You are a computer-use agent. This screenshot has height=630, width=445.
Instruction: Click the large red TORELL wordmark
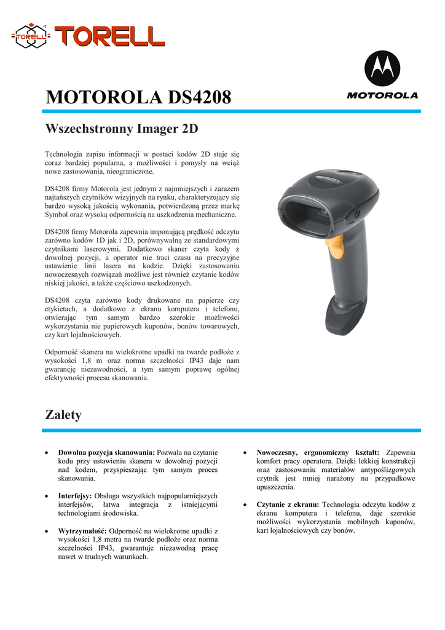[109, 35]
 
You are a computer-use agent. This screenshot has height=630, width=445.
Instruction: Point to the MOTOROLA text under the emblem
[382, 95]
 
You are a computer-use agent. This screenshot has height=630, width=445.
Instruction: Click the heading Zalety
[63, 415]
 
